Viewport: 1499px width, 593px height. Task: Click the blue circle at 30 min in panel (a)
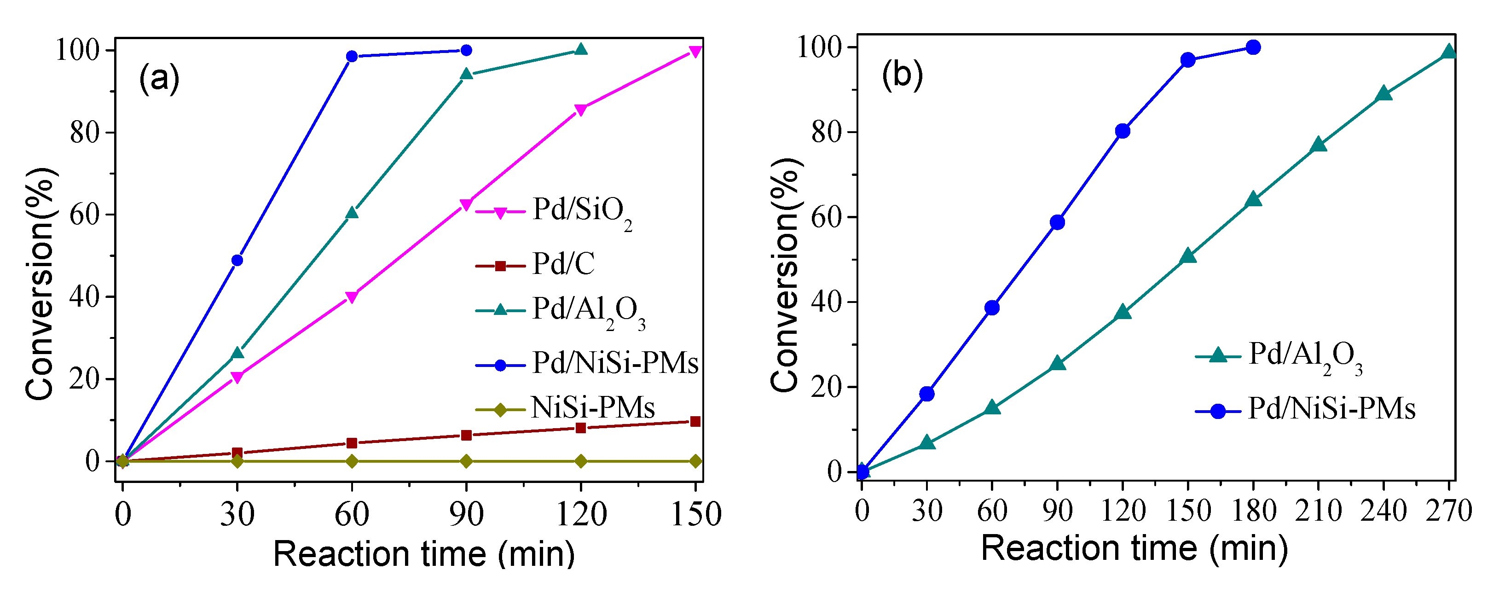[x=237, y=260]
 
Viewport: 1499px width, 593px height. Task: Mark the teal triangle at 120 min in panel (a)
[x=580, y=50]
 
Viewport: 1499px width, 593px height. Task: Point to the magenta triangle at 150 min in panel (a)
[x=695, y=52]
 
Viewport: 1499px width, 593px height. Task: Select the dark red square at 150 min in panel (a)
[x=695, y=421]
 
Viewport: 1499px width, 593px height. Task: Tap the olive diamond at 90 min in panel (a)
[x=466, y=461]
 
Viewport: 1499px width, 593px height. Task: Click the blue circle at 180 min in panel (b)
[x=1253, y=47]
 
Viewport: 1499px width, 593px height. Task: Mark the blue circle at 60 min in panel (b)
[x=992, y=308]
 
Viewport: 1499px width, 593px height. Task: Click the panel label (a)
[x=159, y=79]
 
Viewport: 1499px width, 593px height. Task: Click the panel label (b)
[x=902, y=75]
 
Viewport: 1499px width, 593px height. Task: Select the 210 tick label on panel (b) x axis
[x=1318, y=511]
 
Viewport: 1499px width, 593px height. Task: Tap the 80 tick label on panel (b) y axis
[x=826, y=132]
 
